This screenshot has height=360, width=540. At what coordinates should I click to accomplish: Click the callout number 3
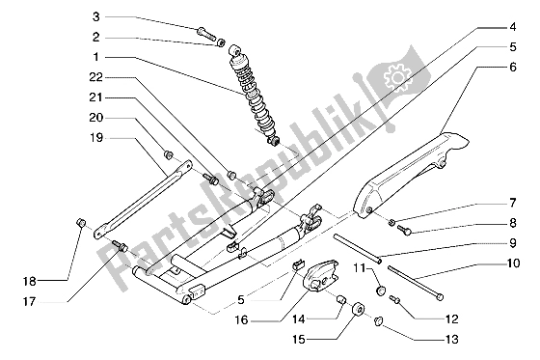pos(96,16)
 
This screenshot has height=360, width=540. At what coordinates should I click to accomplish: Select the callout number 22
pos(96,77)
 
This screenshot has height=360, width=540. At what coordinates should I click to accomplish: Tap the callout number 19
pos(96,138)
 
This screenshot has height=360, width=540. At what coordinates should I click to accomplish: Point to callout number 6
pos(513,67)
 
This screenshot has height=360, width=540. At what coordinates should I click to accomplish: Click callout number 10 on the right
pos(513,263)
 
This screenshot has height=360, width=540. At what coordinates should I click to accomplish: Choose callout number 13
pos(452,340)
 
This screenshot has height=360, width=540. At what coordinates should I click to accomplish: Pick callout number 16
pos(241,320)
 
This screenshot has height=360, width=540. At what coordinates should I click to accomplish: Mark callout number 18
pos(30,282)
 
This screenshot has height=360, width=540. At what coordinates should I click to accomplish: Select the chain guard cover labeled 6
pos(406,176)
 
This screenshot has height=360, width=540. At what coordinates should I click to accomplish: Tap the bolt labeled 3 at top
pos(206,34)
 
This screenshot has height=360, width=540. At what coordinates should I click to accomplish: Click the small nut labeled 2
pos(221,42)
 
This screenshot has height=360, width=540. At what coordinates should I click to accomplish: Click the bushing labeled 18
pos(81,223)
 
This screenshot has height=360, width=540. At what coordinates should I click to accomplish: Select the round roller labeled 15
pos(358,309)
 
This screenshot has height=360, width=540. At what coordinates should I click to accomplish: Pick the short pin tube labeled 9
pos(358,249)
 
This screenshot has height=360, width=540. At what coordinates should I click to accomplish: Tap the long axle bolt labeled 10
pos(416,283)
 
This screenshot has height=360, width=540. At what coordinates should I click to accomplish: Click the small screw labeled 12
pos(395,299)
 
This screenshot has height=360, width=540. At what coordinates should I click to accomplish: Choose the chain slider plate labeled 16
pos(320,274)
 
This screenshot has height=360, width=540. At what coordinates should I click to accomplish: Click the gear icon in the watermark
pos(398,76)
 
